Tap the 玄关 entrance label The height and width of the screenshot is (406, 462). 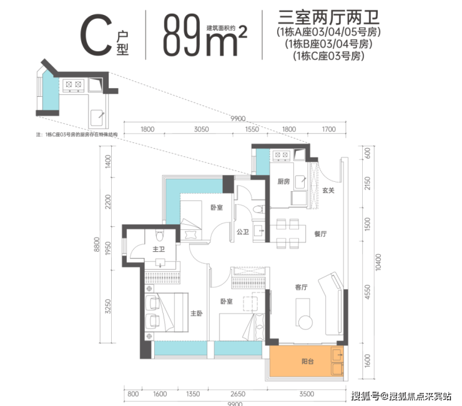pos(329,191)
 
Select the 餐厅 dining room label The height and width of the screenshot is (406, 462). pos(321,234)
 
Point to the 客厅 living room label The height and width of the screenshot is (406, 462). pos(303,287)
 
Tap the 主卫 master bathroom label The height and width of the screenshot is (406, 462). pos(159,250)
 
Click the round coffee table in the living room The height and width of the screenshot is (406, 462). pos(305,322)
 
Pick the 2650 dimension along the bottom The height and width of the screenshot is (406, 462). pos(236,394)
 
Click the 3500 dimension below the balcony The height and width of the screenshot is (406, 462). pos(306,394)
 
